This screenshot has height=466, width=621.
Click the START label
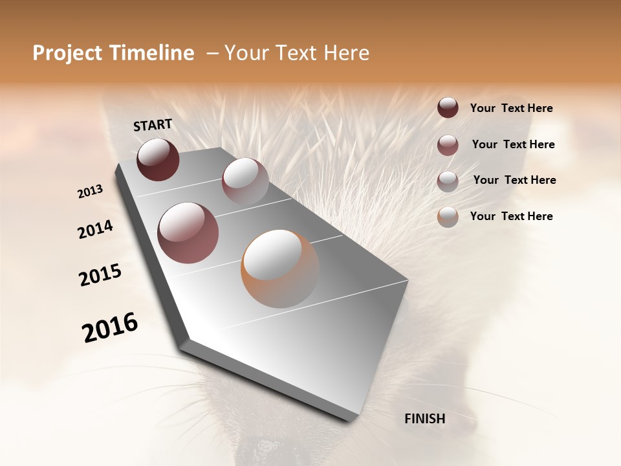(x=153, y=125)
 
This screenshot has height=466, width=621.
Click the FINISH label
(x=425, y=419)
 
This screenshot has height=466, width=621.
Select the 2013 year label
(x=90, y=192)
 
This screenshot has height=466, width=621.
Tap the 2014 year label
(x=96, y=230)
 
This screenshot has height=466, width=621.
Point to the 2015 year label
(x=100, y=275)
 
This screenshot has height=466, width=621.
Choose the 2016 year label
(x=110, y=327)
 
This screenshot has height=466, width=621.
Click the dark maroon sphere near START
(x=158, y=159)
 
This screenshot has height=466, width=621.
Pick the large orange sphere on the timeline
(x=280, y=269)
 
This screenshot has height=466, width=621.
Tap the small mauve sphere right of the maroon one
(x=245, y=181)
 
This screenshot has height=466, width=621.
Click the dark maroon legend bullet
(x=448, y=108)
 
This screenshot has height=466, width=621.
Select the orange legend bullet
(x=448, y=217)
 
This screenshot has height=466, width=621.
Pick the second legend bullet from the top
(x=448, y=145)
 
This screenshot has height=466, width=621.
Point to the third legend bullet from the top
(x=448, y=181)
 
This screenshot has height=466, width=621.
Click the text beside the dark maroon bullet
(x=511, y=109)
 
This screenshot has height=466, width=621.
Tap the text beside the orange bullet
(x=511, y=216)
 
